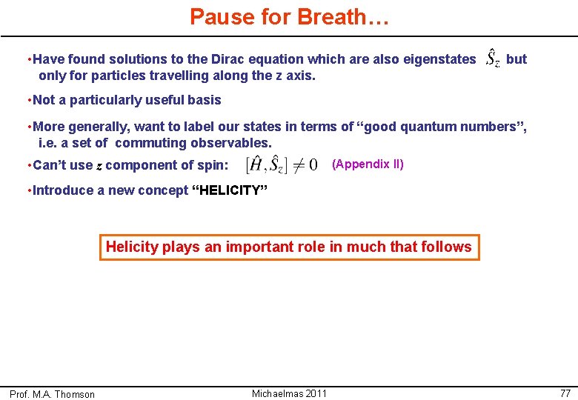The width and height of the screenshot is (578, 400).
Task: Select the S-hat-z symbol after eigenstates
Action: [492, 59]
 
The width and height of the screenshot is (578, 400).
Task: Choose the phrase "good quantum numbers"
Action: [442, 127]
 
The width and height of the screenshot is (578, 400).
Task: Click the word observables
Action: [233, 143]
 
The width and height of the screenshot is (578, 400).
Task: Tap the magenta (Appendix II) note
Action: [368, 164]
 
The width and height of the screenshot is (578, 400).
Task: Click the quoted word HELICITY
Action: [230, 190]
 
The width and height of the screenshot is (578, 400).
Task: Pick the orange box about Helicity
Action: [289, 247]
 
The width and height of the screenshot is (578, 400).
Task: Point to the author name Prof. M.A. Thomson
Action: [52, 394]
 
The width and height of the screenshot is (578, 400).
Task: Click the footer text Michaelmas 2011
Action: [289, 393]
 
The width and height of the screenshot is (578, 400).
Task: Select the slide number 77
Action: [565, 393]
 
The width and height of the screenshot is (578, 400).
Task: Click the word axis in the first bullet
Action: [299, 75]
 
